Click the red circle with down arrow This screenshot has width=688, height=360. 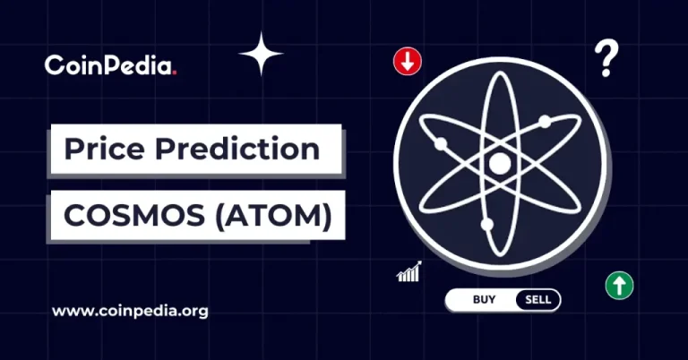[407, 62]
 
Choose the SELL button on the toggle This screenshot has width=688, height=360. [538, 299]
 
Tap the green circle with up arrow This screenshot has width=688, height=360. [618, 286]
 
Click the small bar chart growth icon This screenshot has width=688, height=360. [408, 271]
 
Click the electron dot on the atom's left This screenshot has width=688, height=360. [440, 143]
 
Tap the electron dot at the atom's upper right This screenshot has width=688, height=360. [544, 122]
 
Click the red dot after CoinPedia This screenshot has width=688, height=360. [174, 72]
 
